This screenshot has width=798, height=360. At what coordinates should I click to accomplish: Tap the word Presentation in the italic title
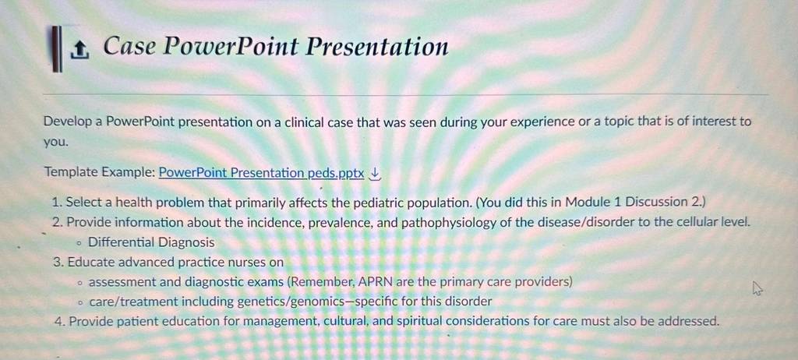tap(376, 47)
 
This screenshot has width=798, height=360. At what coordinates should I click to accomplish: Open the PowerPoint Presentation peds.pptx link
tap(262, 173)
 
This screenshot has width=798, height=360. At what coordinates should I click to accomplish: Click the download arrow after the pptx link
tap(375, 174)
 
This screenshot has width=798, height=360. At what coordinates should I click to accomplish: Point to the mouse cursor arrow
tap(757, 290)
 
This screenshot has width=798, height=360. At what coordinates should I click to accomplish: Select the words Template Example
tap(99, 173)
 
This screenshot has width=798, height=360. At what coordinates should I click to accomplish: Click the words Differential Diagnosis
tap(151, 242)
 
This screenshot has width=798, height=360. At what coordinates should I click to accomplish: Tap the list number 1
tap(57, 202)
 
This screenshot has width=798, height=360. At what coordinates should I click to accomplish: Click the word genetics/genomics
tap(293, 302)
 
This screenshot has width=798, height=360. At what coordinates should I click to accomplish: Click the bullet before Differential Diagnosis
tap(79, 243)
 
